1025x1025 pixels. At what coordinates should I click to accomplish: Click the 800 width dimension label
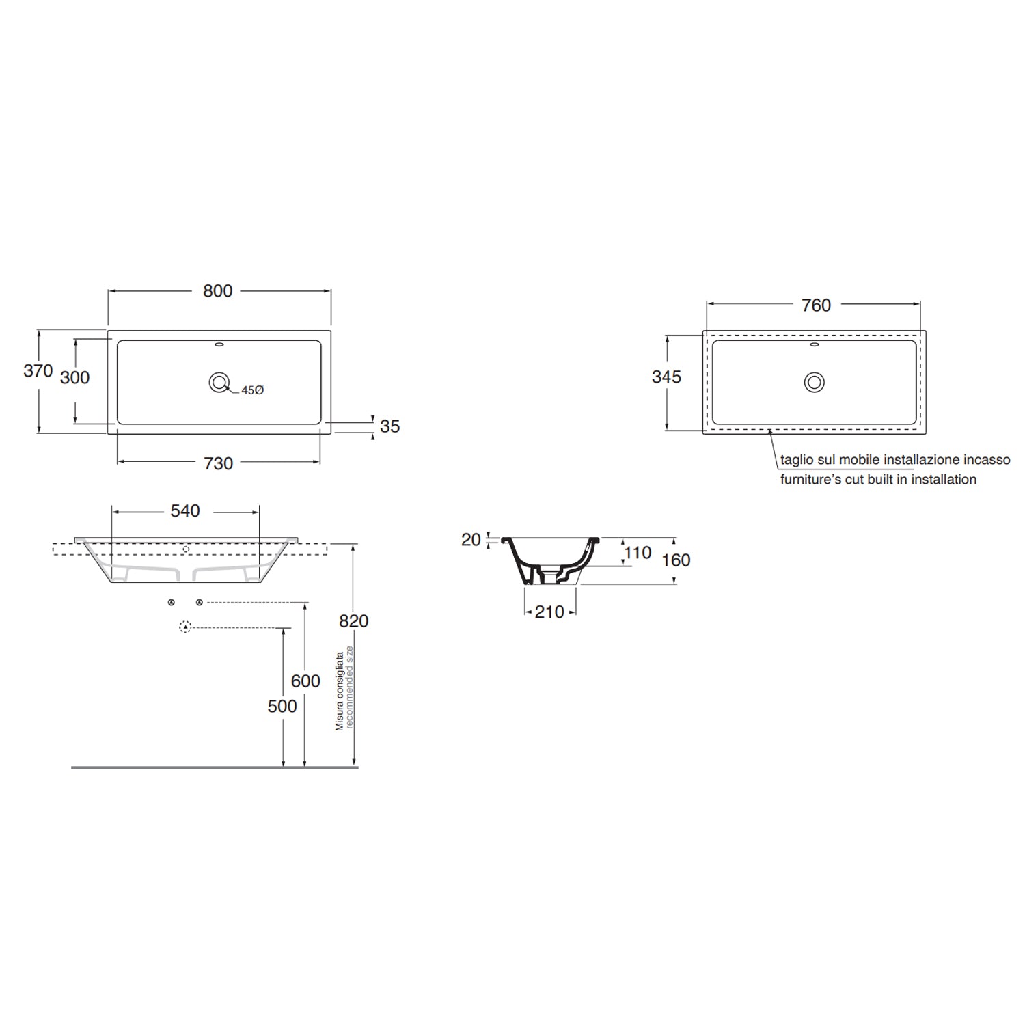point(218,291)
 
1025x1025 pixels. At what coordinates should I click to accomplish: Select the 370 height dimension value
point(38,371)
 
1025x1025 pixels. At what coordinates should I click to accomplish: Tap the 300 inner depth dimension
point(74,377)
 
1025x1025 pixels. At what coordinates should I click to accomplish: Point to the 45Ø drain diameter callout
point(252,390)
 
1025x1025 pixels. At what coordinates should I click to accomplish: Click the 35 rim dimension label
point(389,426)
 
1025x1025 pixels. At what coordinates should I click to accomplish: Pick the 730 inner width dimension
point(219,464)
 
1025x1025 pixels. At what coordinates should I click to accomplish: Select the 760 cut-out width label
point(816,305)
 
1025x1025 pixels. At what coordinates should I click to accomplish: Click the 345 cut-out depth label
point(666,377)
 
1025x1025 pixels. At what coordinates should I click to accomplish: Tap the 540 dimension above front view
point(185,511)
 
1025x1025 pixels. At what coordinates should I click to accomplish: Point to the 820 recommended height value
point(353,621)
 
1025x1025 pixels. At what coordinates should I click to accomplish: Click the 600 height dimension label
point(305,681)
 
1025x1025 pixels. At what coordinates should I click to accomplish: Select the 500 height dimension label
point(282,707)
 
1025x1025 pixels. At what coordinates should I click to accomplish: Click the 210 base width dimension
point(549,612)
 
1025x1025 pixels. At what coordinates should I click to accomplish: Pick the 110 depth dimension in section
point(638,553)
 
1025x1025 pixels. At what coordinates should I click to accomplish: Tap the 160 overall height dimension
point(676,560)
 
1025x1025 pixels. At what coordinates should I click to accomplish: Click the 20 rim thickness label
point(471,540)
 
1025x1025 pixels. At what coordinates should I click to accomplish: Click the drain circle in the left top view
point(219,383)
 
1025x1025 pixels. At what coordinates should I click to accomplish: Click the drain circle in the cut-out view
point(814,382)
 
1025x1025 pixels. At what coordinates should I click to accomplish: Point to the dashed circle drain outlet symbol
point(184,627)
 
